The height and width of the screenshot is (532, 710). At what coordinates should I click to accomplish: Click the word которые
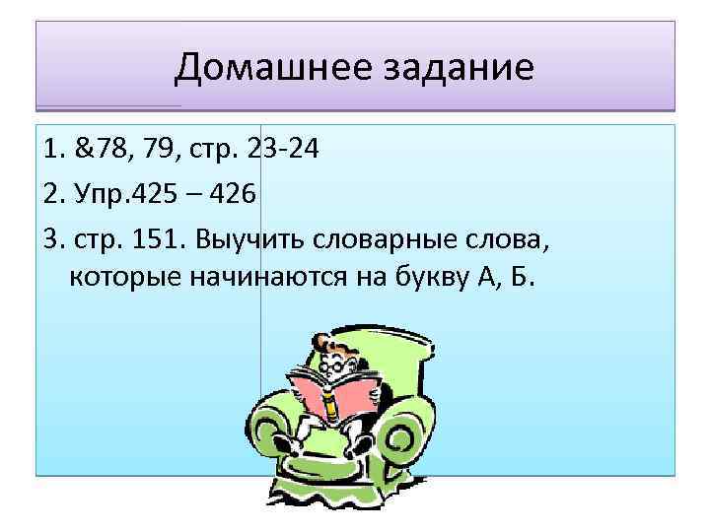(125, 279)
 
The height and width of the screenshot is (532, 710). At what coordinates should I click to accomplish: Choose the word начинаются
(265, 279)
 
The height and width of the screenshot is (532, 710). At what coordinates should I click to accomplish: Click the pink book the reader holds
(330, 394)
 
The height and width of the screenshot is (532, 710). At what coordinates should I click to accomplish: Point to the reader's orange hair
(331, 345)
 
